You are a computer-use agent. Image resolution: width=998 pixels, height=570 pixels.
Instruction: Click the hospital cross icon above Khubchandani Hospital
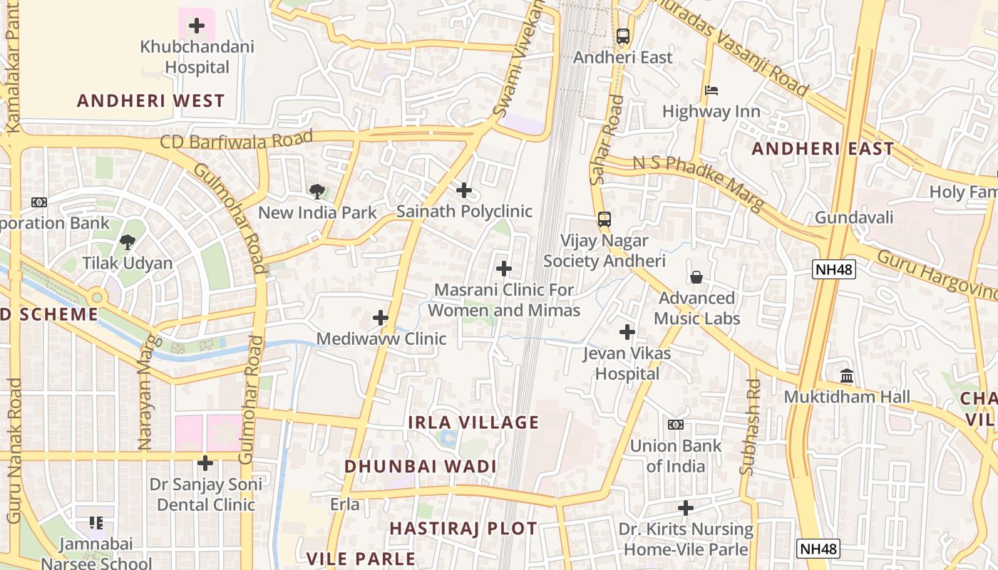point(197,26)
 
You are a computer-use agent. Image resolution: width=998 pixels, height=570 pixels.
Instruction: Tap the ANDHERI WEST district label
point(151,100)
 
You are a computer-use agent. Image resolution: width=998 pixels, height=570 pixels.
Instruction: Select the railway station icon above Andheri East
point(623,36)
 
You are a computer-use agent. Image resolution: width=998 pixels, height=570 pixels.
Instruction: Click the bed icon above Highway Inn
point(711,90)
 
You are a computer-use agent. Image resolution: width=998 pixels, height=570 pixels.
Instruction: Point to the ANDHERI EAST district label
point(823,149)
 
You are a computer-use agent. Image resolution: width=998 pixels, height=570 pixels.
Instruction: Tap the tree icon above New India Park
point(317,191)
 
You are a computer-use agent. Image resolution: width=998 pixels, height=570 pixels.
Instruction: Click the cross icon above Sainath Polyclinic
point(464,190)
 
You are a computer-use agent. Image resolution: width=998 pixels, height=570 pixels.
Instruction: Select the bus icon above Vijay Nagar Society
point(605,219)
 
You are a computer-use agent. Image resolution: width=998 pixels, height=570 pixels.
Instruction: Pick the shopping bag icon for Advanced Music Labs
point(696,276)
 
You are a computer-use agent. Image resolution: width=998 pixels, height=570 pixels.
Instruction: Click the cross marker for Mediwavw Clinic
point(381,318)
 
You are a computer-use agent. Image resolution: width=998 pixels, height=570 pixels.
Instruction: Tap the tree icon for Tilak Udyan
point(128,242)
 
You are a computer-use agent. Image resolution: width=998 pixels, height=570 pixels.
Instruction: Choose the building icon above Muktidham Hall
point(847,375)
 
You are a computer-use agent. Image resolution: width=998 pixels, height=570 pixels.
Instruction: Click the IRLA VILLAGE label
point(473,423)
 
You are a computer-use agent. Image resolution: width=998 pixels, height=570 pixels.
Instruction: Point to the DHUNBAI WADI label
point(421,467)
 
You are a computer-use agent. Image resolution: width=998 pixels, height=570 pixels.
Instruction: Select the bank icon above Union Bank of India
point(675,425)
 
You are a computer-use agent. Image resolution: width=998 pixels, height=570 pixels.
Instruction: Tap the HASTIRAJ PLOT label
point(463,529)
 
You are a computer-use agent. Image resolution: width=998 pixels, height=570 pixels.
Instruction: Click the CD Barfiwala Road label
point(237,140)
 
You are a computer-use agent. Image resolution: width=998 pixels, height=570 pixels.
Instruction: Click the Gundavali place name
point(854,217)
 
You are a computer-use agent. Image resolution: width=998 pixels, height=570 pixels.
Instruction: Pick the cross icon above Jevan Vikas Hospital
point(627,332)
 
